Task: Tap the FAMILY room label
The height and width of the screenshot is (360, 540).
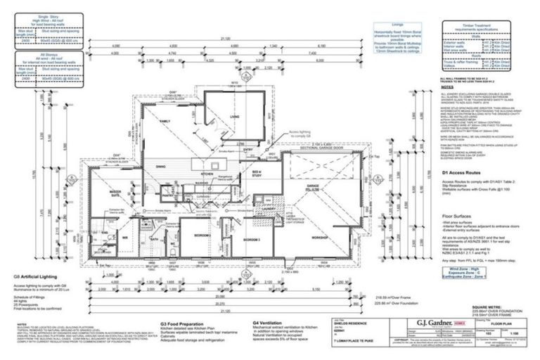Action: (x=167, y=122)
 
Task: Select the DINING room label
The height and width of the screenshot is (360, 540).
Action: (x=160, y=166)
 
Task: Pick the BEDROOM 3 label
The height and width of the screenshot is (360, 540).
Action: (x=252, y=240)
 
